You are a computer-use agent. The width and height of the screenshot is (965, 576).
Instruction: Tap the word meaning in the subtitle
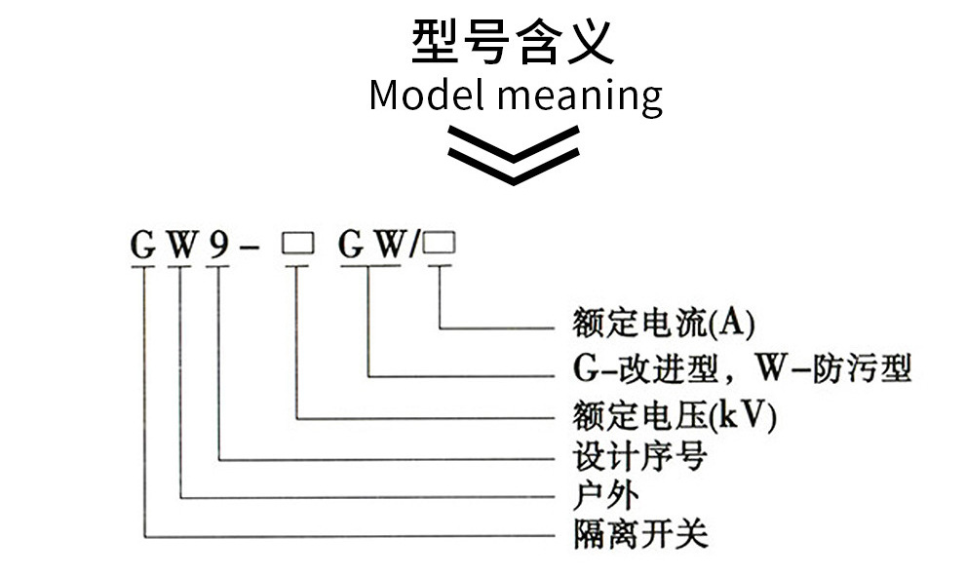coord(579,97)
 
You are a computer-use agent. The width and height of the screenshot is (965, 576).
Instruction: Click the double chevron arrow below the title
coord(514,156)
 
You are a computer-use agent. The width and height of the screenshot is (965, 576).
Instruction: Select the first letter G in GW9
coord(143,247)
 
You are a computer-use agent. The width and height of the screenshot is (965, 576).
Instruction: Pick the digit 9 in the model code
coord(217,246)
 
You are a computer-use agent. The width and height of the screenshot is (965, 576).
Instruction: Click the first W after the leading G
coord(180,247)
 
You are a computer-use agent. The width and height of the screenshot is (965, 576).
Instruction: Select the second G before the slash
coord(351,247)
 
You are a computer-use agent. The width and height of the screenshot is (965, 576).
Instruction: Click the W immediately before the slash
coord(388,247)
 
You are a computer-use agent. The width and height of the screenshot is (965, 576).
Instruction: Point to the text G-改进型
coord(641,369)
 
